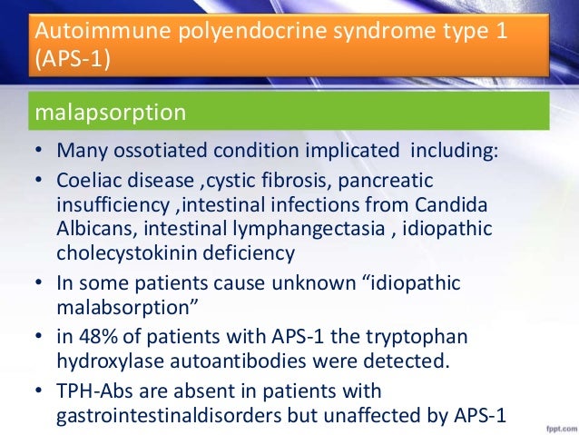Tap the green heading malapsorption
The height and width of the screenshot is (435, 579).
110,114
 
